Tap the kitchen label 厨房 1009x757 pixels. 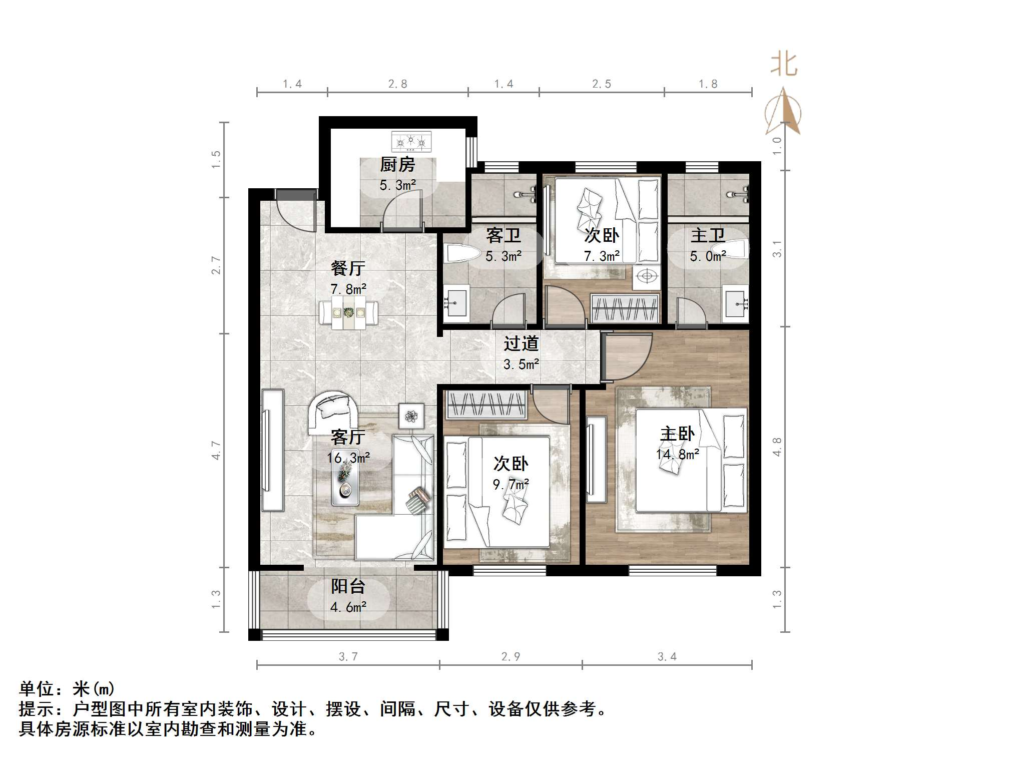point(398,165)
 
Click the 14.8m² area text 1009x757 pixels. point(678,455)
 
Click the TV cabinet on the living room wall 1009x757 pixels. point(273,450)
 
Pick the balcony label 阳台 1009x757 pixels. point(348,586)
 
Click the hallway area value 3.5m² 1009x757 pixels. point(521,364)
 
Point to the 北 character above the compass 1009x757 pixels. point(784,65)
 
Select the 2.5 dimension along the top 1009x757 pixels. point(602,84)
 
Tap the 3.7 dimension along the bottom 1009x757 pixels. point(348,657)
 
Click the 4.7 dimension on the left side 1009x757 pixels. point(216,450)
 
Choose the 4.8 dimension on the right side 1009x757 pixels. point(777,447)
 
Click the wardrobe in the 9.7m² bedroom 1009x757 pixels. point(485,405)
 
